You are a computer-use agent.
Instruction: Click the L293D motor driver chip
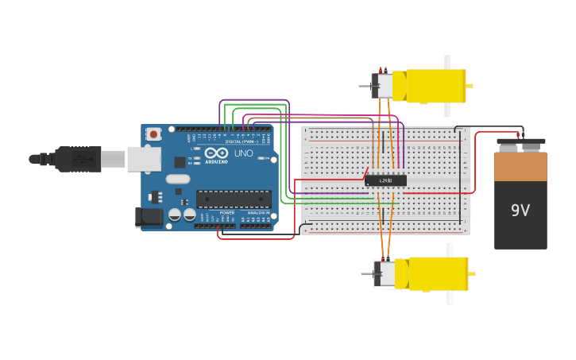pyautogui.click(x=385, y=180)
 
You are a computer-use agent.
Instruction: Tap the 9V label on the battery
pyautogui.click(x=520, y=211)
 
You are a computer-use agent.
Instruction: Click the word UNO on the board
pyautogui.click(x=243, y=153)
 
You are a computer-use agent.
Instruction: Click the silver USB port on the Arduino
pyautogui.click(x=144, y=159)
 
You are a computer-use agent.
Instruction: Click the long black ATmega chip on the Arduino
pyautogui.click(x=234, y=199)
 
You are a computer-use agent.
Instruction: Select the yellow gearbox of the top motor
pyautogui.click(x=433, y=86)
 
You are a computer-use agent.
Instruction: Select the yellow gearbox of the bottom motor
pyautogui.click(x=435, y=273)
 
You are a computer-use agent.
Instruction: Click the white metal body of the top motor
pyautogui.click(x=384, y=86)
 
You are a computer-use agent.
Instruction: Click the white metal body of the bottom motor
pyautogui.click(x=386, y=274)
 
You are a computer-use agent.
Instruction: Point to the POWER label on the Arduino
pyautogui.click(x=227, y=213)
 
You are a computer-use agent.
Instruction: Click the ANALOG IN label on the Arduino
pyautogui.click(x=257, y=213)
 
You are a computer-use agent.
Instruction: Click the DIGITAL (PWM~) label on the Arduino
pyautogui.click(x=238, y=141)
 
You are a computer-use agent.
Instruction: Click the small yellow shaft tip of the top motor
pyautogui.click(x=470, y=86)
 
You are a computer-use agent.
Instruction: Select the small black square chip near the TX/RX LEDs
pyautogui.click(x=180, y=162)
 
